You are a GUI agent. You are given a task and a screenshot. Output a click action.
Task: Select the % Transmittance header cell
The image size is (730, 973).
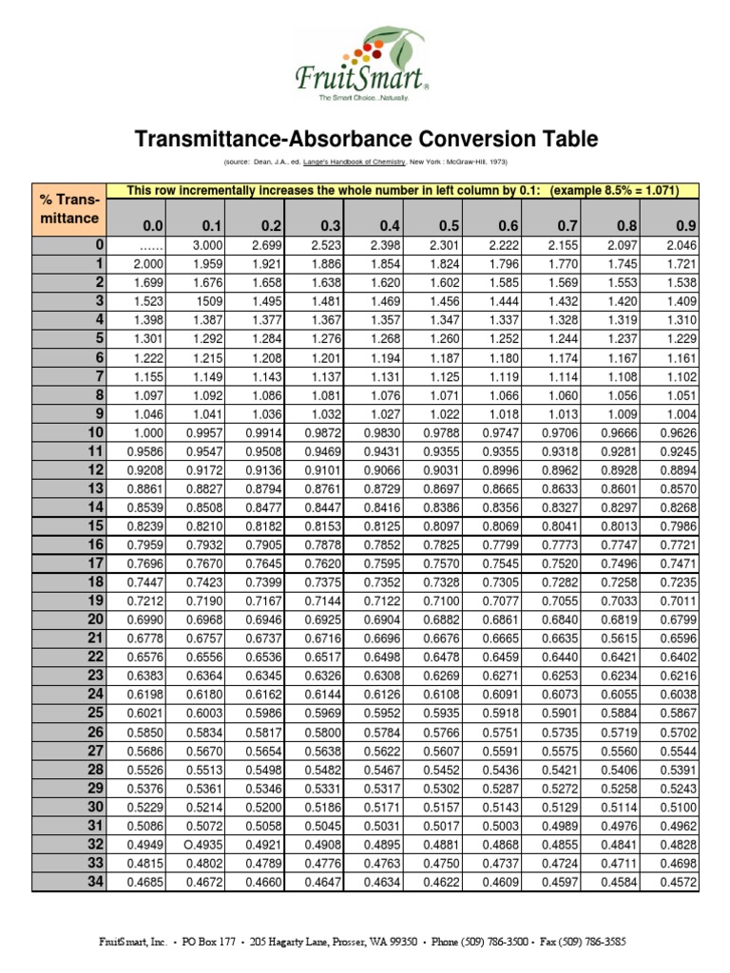[69, 209]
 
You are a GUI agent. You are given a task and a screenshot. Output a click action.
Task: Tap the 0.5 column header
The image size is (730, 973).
[449, 226]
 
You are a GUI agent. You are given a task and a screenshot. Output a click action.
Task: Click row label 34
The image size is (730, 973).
[95, 883]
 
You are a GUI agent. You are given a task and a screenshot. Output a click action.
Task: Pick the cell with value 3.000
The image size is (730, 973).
[205, 246]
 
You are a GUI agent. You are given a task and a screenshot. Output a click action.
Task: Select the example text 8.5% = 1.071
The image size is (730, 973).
[629, 190]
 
